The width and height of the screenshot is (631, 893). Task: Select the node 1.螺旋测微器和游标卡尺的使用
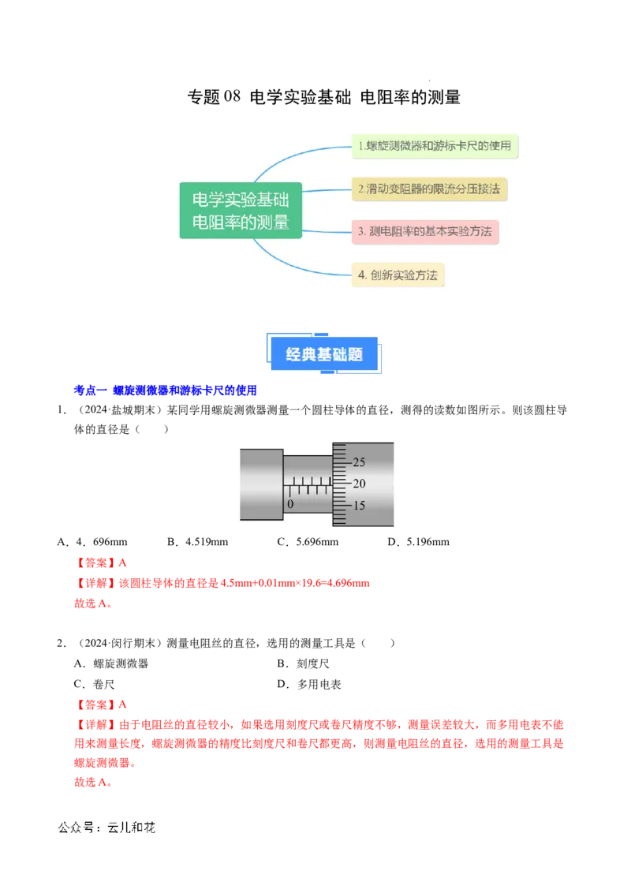point(435,146)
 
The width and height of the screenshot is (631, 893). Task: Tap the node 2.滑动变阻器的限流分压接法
point(428,189)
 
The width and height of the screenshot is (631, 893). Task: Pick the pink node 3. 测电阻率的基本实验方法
point(425,232)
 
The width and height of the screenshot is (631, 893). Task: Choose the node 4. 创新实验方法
point(398,275)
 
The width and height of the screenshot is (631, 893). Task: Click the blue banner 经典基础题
point(324,354)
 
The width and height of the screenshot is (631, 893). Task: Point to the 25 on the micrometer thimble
point(359,461)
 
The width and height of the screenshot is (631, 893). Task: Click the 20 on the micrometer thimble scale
point(359,483)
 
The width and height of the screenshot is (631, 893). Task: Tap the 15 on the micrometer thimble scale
point(359,506)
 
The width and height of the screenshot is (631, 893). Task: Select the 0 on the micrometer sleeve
point(290,503)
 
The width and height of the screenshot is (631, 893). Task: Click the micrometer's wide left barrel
point(261,484)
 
